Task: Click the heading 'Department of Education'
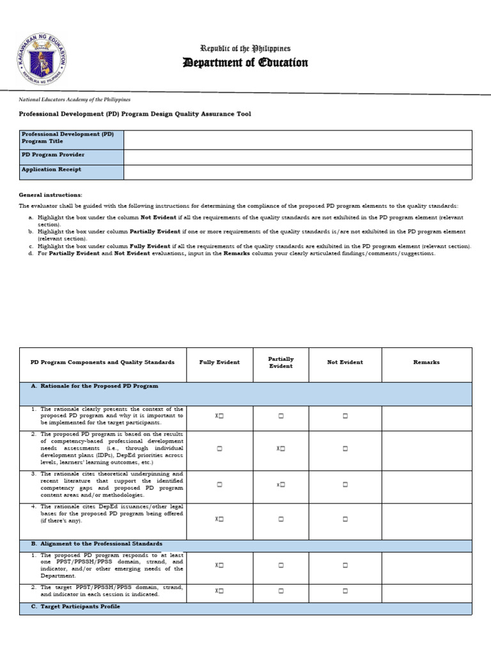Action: pos(245,63)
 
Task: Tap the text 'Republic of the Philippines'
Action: pos(245,49)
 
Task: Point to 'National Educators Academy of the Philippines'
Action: pos(74,100)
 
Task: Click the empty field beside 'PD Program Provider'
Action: pos(297,157)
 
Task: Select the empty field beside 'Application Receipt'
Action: pos(297,172)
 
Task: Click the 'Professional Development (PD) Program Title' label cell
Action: pos(71,138)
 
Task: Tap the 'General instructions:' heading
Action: pos(51,194)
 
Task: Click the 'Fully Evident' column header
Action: pos(219,362)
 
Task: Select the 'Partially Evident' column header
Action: pos(281,363)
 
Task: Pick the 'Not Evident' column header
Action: pos(345,362)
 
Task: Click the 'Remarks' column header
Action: pos(426,362)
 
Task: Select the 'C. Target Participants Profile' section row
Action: pos(245,608)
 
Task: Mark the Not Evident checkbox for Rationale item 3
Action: pos(345,485)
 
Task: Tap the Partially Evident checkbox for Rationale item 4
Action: pos(281,519)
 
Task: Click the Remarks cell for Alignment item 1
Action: pos(426,565)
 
